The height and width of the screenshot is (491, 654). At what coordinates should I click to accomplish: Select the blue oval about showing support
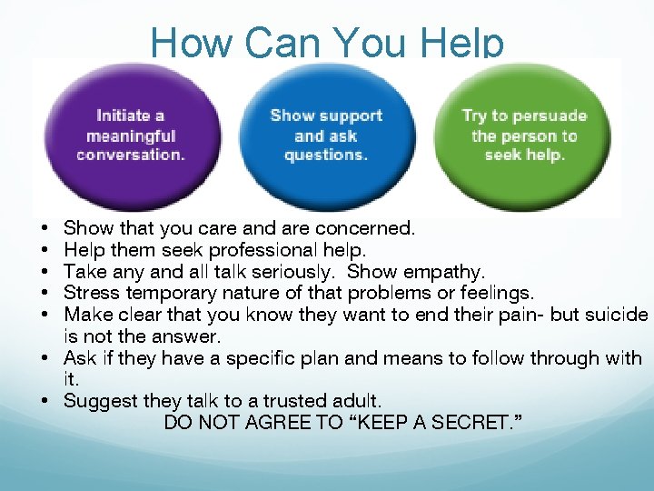click(x=326, y=135)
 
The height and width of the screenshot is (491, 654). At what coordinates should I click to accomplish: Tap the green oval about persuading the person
click(x=524, y=135)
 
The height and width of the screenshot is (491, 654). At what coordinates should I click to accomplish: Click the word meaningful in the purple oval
click(x=131, y=135)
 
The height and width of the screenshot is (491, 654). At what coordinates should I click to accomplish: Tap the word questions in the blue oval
click(x=325, y=155)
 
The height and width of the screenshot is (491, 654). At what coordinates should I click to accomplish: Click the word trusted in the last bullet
click(x=291, y=400)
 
